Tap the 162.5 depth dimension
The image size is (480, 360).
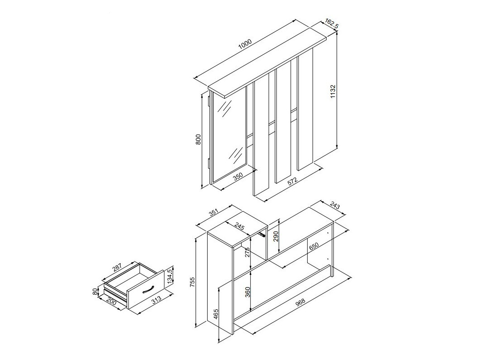332,24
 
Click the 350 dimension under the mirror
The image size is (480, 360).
238,177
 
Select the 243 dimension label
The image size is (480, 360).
335,206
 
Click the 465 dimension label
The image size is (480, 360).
216,314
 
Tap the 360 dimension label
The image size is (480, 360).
247,293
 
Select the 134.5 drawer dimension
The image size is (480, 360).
170,275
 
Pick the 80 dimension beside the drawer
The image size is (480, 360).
95,291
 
